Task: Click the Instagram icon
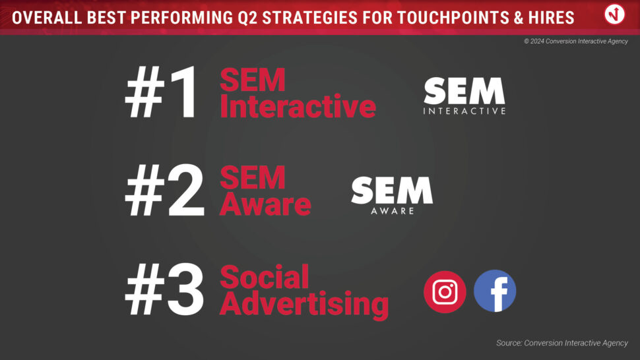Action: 445,291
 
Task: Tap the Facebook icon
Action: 495,291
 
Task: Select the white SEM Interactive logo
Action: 464,96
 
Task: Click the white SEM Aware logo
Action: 392,195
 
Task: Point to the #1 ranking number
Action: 162,92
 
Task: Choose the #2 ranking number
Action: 164,191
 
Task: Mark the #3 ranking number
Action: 164,289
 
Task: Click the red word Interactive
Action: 298,106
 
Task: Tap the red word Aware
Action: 265,204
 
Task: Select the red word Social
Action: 265,277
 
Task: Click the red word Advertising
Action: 304,304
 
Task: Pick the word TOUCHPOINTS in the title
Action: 453,18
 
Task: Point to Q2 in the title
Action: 247,18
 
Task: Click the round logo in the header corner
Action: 614,15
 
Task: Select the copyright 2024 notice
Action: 576,41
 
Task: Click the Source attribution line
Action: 562,343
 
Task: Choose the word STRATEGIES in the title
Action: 309,18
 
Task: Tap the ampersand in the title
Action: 519,18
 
